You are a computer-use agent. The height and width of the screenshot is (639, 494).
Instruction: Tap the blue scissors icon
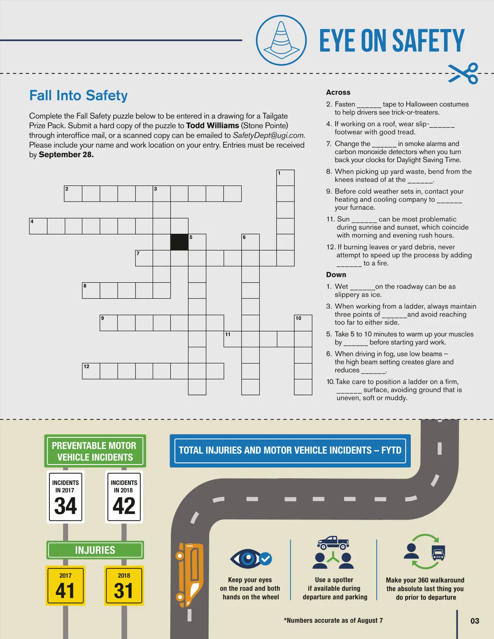pos(463,73)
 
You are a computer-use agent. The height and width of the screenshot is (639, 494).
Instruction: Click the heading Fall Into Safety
pos(78,95)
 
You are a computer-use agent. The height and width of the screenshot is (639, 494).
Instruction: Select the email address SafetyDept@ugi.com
pos(268,135)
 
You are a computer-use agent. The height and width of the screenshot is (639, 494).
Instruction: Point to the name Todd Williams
pos(212,125)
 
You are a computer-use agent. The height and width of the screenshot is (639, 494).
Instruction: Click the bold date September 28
pos(66,155)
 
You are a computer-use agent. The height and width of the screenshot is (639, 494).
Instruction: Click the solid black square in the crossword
pos(179,242)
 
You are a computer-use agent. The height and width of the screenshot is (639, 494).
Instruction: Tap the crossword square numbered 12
pos(91,371)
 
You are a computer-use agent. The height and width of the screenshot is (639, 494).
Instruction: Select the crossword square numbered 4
pos(38,226)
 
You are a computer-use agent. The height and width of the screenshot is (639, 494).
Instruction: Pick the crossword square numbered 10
pos(303,323)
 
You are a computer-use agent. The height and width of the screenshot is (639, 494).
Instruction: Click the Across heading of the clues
pos(338,92)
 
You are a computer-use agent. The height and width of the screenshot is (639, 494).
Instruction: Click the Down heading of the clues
pos(336,275)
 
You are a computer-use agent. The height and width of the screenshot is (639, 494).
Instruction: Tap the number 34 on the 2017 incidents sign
pos(65,506)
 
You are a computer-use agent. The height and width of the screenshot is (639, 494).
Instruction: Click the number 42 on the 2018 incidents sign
pos(124,506)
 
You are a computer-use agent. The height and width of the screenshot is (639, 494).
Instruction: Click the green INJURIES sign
pos(95,550)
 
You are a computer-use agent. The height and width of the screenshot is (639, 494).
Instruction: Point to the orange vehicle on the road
pos(189,575)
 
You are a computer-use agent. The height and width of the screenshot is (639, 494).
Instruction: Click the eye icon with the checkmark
pos(251,558)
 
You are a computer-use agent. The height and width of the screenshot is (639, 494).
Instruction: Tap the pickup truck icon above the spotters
pos(333,542)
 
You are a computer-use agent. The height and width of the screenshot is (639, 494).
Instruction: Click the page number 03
pos(475,621)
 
